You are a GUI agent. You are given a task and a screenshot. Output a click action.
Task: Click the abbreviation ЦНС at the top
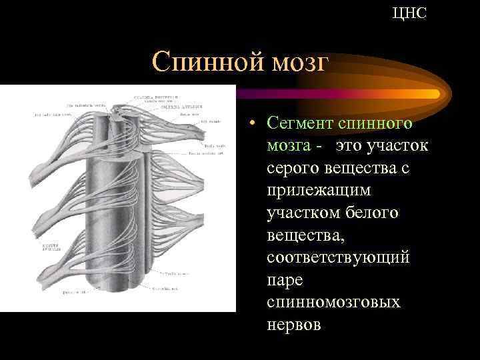pyautogui.click(x=409, y=13)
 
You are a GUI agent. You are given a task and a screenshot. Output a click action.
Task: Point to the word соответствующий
pyautogui.click(x=338, y=257)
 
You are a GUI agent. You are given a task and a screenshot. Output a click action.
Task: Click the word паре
pyautogui.click(x=285, y=280)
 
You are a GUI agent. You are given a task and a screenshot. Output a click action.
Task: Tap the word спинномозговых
pyautogui.click(x=333, y=302)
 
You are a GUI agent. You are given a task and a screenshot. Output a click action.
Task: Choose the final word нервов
pyautogui.click(x=293, y=325)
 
